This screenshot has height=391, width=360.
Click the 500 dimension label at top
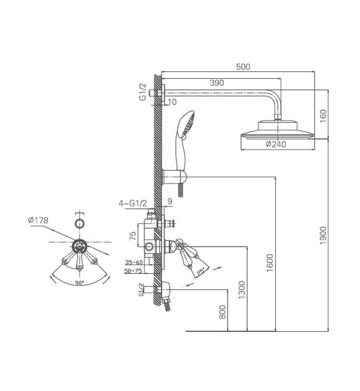point(243,67)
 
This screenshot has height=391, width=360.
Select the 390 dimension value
point(217,83)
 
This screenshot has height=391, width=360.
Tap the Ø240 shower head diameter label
point(276,144)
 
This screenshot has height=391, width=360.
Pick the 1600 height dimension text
point(271,263)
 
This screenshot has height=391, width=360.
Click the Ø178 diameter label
point(38,220)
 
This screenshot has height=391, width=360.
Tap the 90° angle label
point(79,283)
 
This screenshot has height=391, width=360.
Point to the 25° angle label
point(199,273)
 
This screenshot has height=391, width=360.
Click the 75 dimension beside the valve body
point(133,235)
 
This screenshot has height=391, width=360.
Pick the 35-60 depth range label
point(133,262)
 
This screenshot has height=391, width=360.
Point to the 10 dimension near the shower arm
point(171,102)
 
